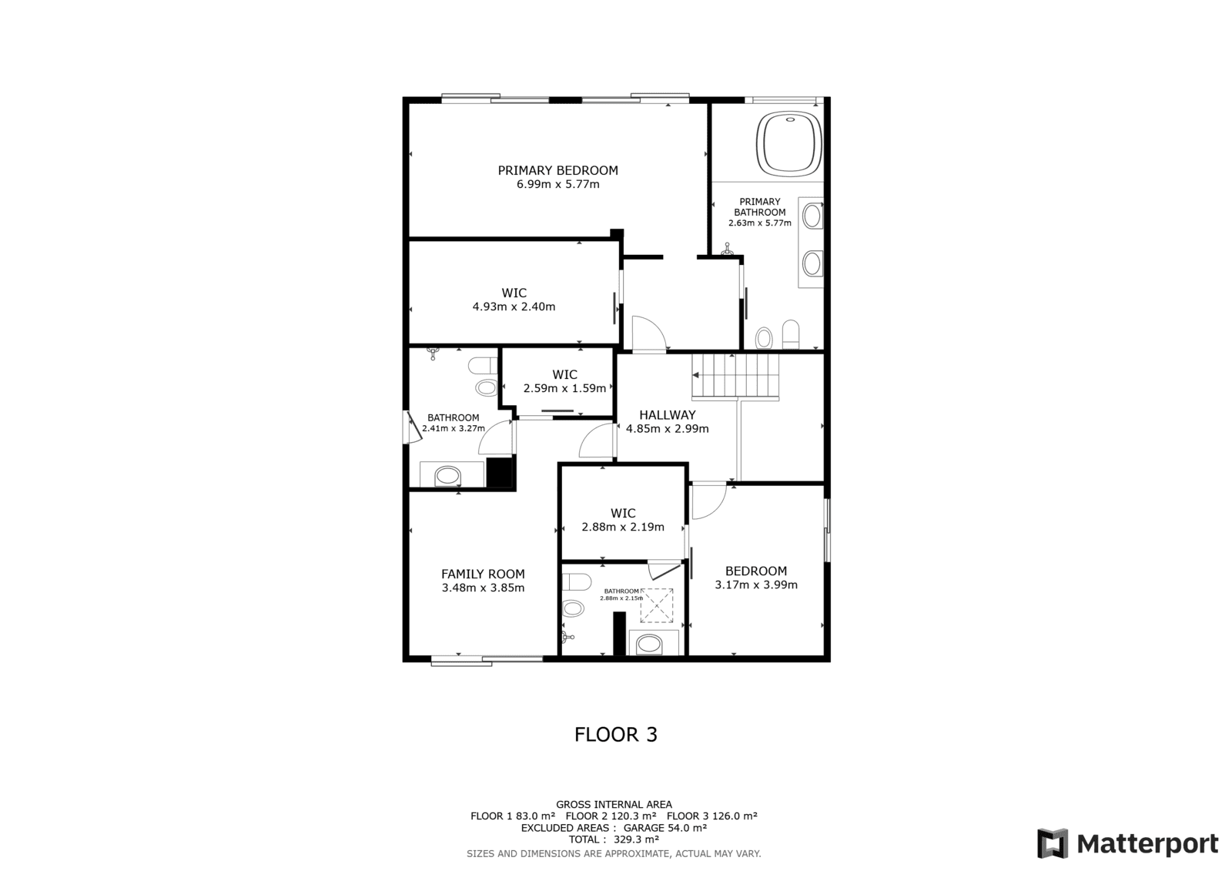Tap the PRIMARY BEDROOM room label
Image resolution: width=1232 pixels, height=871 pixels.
point(557,170)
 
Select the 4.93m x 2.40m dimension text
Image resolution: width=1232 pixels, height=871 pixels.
point(514,307)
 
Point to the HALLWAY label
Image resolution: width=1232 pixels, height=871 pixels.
point(667,415)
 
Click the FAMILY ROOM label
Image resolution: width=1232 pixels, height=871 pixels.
point(483,574)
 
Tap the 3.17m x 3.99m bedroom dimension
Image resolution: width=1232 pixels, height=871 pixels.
point(755,585)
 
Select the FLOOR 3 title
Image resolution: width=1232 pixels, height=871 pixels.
point(616,735)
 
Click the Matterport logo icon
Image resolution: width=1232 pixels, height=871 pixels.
point(1053,843)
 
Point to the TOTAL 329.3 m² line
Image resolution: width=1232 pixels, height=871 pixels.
point(614,839)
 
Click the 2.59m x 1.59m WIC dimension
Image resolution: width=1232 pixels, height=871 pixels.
point(564,388)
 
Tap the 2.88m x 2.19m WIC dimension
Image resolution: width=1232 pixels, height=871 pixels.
point(623,527)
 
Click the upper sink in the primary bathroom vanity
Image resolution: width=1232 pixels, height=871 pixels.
point(812,216)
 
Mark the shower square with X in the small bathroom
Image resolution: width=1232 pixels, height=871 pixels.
point(657,605)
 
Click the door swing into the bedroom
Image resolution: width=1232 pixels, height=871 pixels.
point(709,501)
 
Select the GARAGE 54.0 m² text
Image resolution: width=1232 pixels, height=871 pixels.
point(665,828)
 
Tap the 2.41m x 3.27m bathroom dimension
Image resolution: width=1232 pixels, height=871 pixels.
point(454,429)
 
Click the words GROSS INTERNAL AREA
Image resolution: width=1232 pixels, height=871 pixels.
point(614,805)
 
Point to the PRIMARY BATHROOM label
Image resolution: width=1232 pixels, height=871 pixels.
point(759,207)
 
